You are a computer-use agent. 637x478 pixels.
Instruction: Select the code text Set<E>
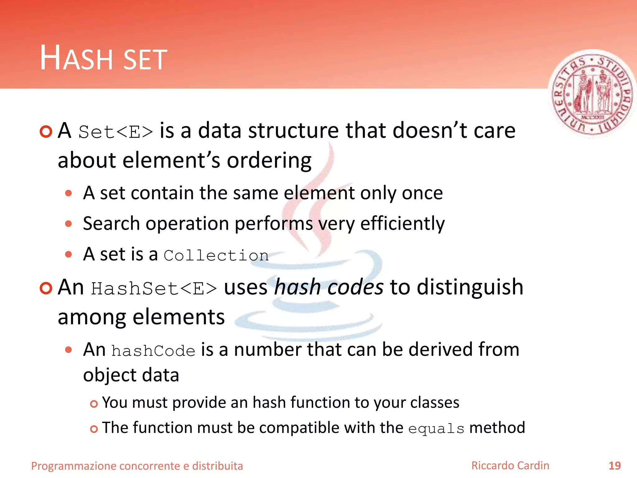(115, 132)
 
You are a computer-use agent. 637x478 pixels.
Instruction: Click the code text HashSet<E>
(154, 288)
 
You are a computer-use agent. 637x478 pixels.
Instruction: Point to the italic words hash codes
(329, 287)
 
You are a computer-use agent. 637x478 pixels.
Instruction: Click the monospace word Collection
(216, 256)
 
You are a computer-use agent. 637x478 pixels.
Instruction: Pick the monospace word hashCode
(153, 351)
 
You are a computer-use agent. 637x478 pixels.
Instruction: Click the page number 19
(614, 466)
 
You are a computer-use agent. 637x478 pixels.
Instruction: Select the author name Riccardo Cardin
(510, 466)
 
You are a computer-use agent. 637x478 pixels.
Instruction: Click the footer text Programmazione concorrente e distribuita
(137, 466)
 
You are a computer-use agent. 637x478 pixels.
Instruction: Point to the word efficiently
(402, 224)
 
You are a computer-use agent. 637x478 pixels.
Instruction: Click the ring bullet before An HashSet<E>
(46, 288)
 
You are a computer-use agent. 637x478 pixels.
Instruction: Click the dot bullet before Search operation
(69, 224)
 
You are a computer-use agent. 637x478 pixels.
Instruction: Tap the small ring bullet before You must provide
(94, 404)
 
